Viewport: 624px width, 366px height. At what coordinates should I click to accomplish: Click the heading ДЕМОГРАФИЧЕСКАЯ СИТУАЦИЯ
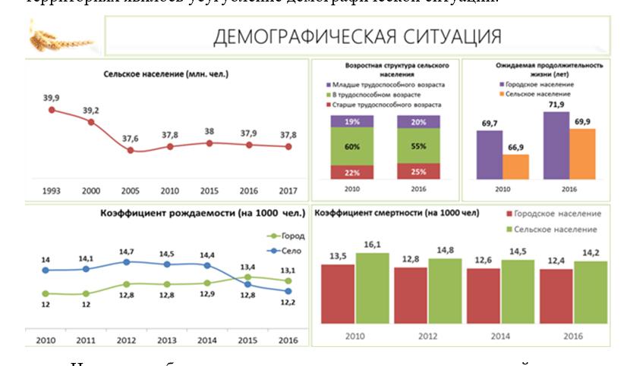click(358, 36)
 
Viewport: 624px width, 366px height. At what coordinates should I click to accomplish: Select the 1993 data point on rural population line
click(52, 110)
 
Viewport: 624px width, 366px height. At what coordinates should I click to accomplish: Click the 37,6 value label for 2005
click(131, 139)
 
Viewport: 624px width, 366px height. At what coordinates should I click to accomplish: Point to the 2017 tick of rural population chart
click(288, 190)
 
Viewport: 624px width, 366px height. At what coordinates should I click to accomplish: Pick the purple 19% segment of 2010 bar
click(352, 121)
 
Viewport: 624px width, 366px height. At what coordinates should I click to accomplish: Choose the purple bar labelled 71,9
click(556, 145)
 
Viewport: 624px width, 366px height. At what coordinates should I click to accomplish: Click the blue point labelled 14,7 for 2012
click(126, 262)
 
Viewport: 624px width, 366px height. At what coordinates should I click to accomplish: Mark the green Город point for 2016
click(288, 280)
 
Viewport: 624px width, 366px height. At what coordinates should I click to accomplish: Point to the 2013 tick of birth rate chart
click(167, 340)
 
